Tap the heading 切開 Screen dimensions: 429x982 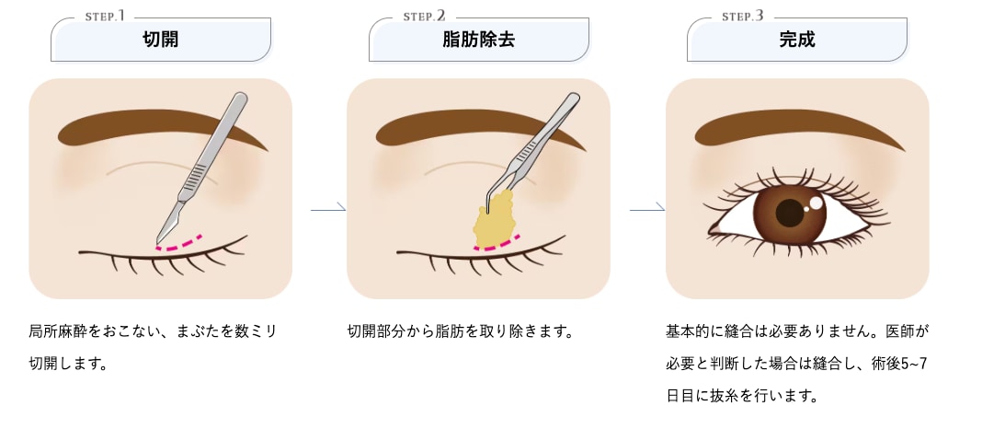click(161, 40)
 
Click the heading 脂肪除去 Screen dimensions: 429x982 click(478, 40)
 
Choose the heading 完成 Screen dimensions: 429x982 click(797, 40)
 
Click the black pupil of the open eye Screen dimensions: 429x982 click(790, 213)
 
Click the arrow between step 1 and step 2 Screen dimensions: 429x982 click(328, 210)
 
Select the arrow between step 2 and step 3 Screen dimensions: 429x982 click(647, 210)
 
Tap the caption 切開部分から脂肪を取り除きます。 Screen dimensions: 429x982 click(460, 330)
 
